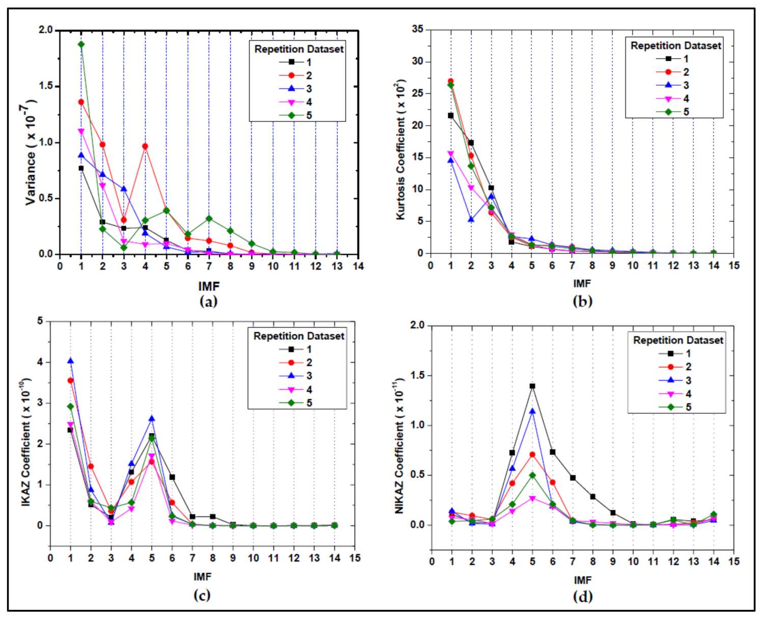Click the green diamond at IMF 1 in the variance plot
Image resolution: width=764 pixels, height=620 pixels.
click(x=81, y=44)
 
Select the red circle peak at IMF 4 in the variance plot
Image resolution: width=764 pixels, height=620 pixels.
click(x=145, y=146)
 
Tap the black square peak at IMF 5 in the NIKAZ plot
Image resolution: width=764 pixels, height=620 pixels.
click(x=532, y=386)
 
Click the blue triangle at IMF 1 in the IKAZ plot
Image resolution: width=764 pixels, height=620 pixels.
click(x=70, y=361)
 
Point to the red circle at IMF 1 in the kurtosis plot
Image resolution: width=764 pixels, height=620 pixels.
click(x=450, y=81)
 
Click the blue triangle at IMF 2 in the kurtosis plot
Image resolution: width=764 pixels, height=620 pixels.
click(x=471, y=220)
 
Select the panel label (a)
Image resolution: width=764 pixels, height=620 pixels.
click(x=208, y=301)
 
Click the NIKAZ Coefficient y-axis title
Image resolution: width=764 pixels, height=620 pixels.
click(x=400, y=446)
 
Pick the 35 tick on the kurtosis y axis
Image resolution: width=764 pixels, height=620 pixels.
click(x=418, y=29)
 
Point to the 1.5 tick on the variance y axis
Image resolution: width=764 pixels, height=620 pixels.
click(x=46, y=86)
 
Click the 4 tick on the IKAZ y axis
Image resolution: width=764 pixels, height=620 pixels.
click(x=40, y=362)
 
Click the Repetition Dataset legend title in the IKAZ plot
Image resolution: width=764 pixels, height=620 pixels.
click(x=298, y=336)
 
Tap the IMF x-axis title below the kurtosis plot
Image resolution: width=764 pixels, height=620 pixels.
click(x=582, y=283)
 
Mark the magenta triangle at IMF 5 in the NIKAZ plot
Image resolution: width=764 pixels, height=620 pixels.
click(x=532, y=499)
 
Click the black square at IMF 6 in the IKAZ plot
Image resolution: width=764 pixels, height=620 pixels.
click(x=172, y=477)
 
